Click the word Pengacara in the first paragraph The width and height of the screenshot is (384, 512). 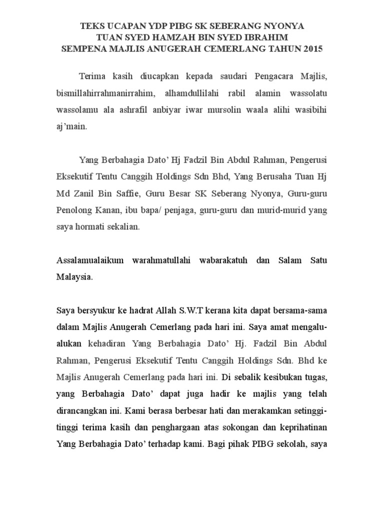[x=276, y=76]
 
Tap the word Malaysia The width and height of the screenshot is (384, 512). [x=74, y=277]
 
